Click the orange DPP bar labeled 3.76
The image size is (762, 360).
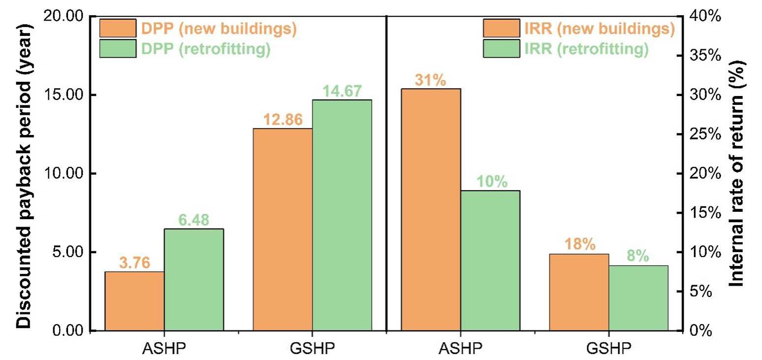click(x=134, y=301)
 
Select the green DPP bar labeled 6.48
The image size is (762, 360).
click(x=194, y=279)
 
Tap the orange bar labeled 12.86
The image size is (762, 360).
click(x=283, y=229)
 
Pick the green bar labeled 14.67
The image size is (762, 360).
click(x=342, y=215)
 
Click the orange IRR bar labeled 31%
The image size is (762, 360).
click(x=431, y=209)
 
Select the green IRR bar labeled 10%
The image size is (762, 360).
click(x=490, y=260)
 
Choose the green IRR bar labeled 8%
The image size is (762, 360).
click(x=638, y=298)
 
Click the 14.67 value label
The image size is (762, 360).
click(x=342, y=91)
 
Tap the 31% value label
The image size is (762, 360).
click(x=431, y=80)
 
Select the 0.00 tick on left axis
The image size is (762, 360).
click(x=69, y=330)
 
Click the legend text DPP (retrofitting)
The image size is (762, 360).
click(x=205, y=49)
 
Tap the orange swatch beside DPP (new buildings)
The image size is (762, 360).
click(x=118, y=29)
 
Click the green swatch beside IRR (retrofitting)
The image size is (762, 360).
click(x=501, y=49)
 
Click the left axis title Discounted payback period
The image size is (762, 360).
click(x=24, y=173)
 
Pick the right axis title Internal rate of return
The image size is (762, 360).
click(x=738, y=173)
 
